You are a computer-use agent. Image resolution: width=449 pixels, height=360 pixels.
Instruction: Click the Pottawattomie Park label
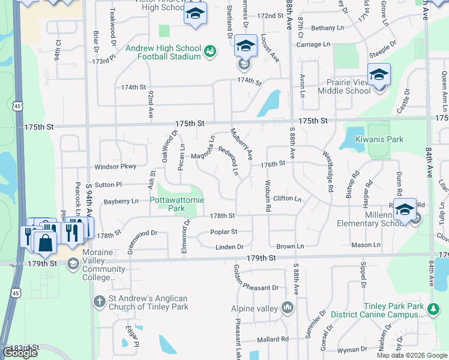pos(168,204)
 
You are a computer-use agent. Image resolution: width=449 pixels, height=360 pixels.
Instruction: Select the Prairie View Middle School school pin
pos(379,74)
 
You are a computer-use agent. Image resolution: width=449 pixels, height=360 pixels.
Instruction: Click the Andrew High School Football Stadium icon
pos(210,52)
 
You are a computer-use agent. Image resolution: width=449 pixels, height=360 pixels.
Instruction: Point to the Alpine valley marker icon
pos(288,308)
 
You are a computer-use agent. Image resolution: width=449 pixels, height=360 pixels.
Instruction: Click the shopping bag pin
pos(45,242)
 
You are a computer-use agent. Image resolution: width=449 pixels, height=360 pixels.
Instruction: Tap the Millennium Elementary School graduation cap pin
pos(405,210)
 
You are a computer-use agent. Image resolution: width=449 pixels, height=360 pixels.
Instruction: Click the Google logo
pos(20,353)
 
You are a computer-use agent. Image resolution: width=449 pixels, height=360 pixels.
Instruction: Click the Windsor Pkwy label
pos(115,166)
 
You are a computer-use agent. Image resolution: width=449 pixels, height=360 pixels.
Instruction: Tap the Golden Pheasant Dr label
pos(256,287)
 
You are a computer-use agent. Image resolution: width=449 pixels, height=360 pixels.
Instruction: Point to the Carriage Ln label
pos(313,44)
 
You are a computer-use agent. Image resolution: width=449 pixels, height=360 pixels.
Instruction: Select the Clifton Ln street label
pos(287,198)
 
